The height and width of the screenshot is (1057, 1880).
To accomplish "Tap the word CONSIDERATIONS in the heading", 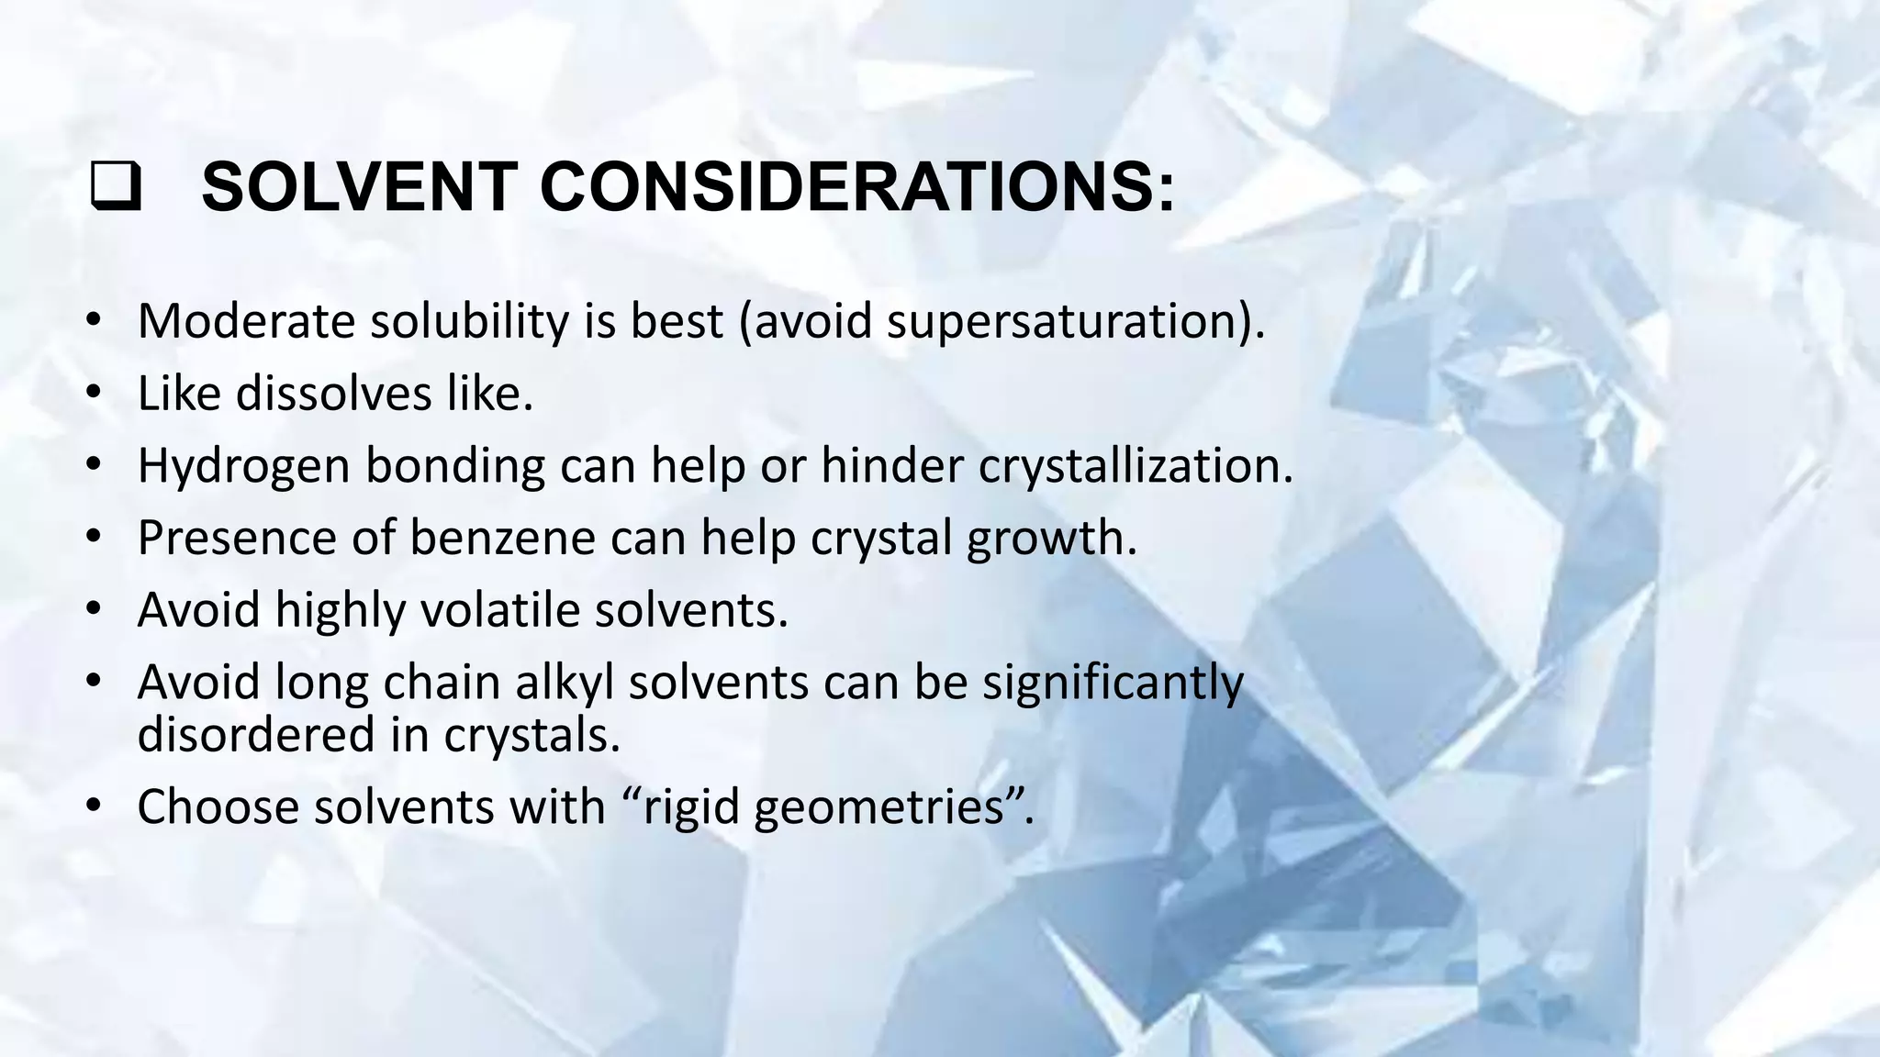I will coord(856,187).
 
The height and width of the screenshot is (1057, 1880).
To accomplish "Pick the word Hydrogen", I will coord(242,466).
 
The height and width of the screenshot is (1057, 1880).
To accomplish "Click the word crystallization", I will coord(1135,466).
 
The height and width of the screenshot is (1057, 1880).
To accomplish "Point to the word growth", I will coord(1051,540).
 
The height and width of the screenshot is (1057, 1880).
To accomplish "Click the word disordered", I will coord(256,734).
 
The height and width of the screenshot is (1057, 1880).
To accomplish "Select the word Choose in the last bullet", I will coord(218,807).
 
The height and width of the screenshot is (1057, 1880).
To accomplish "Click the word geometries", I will coord(886,808).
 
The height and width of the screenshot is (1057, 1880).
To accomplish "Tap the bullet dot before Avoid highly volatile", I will coord(94,609).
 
